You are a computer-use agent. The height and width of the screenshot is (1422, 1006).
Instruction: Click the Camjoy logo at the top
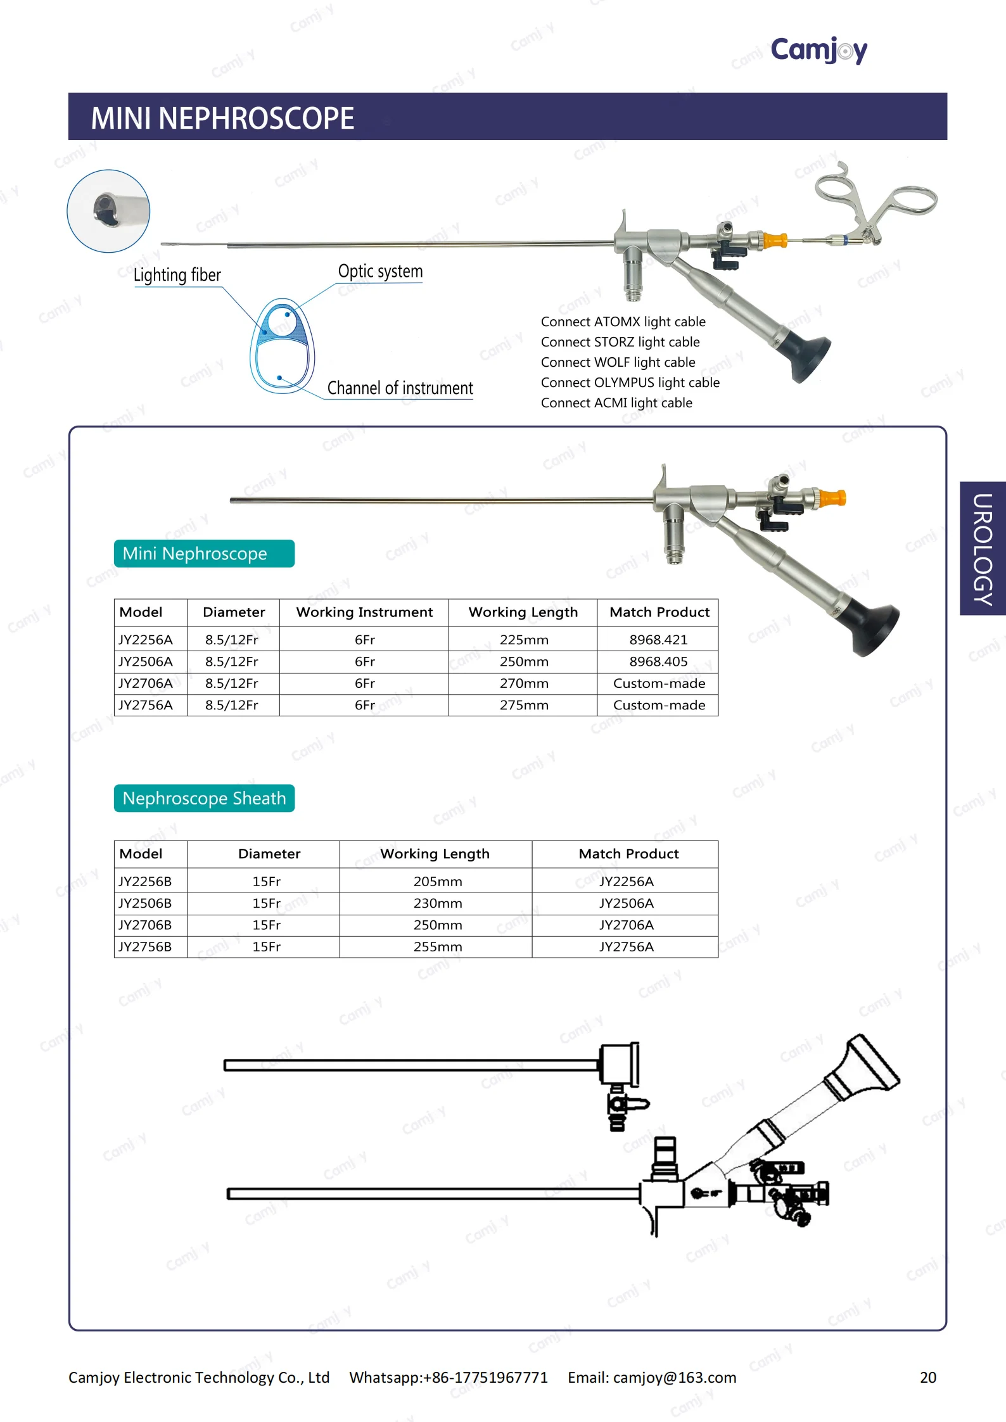(x=818, y=49)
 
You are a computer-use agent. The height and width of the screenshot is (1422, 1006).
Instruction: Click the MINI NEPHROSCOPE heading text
(x=222, y=118)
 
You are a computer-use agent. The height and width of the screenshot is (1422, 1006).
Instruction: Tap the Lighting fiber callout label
(x=177, y=275)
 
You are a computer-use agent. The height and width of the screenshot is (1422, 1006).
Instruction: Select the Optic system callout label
(x=380, y=271)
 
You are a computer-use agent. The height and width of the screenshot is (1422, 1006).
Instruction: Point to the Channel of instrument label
(x=400, y=388)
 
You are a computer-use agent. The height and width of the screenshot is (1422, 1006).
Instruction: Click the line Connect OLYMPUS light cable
(x=630, y=383)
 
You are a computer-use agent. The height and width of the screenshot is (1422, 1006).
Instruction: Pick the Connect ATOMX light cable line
(x=623, y=322)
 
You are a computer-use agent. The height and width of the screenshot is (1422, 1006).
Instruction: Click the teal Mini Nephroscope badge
(x=204, y=554)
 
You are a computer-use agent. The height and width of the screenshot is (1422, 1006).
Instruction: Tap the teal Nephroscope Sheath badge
(x=204, y=798)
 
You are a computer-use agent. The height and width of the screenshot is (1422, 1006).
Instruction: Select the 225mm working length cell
(x=523, y=640)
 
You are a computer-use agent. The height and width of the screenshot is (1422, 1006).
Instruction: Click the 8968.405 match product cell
(x=658, y=661)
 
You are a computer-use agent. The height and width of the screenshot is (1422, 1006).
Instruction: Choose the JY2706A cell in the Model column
(x=146, y=683)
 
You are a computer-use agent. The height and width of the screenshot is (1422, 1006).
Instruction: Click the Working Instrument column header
(x=364, y=612)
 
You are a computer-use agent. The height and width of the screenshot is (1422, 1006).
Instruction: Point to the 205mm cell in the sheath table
(x=437, y=881)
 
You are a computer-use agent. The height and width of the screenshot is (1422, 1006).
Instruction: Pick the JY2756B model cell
(x=145, y=946)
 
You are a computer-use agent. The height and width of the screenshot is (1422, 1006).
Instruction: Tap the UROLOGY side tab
(x=983, y=549)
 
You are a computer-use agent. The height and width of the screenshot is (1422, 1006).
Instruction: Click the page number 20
(x=928, y=1378)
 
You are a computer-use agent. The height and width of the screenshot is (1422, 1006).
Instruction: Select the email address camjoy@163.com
(x=675, y=1378)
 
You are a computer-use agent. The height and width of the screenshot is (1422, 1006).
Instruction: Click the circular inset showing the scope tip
(x=109, y=211)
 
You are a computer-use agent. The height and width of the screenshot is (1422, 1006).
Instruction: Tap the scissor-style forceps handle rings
(x=887, y=196)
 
